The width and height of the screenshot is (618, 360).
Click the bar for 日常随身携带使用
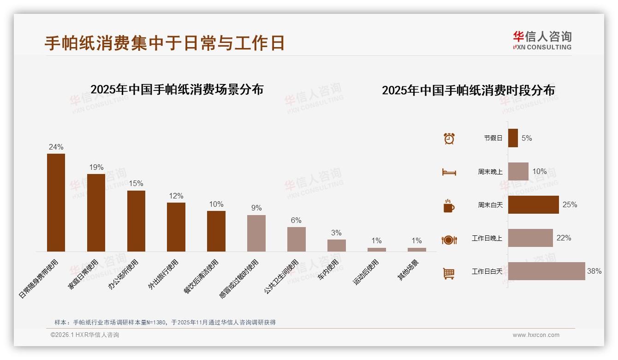pyautogui.click(x=56, y=203)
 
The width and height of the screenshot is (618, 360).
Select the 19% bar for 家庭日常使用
pyautogui.click(x=96, y=213)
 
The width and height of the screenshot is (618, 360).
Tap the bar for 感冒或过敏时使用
pyautogui.click(x=256, y=233)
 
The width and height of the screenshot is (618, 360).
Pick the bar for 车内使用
pyautogui.click(x=337, y=245)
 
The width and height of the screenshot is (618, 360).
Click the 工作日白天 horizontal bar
pyautogui.click(x=547, y=271)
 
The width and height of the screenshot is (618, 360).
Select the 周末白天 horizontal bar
pyautogui.click(x=534, y=204)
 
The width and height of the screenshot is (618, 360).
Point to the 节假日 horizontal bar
pyautogui.click(x=513, y=138)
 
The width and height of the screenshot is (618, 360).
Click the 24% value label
pyautogui.click(x=56, y=147)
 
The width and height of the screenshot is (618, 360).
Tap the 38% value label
pyautogui.click(x=594, y=271)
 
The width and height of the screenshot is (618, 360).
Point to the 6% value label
pyautogui.click(x=296, y=221)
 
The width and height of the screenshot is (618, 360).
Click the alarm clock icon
pyautogui.click(x=449, y=138)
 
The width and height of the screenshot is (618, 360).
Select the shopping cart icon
pyautogui.click(x=449, y=274)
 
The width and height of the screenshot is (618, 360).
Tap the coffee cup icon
pyautogui.click(x=449, y=206)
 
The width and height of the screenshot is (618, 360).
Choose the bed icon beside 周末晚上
pyautogui.click(x=449, y=172)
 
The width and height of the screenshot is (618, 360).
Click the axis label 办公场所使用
pyautogui.click(x=123, y=275)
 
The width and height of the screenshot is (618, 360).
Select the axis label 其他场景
pyautogui.click(x=408, y=270)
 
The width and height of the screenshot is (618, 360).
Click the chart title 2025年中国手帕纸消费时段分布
pyautogui.click(x=468, y=90)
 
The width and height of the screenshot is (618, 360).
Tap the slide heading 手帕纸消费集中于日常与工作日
pyautogui.click(x=164, y=43)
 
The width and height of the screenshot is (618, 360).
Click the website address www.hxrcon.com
pyautogui.click(x=536, y=335)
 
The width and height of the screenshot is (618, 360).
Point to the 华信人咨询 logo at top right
pyautogui.click(x=542, y=40)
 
